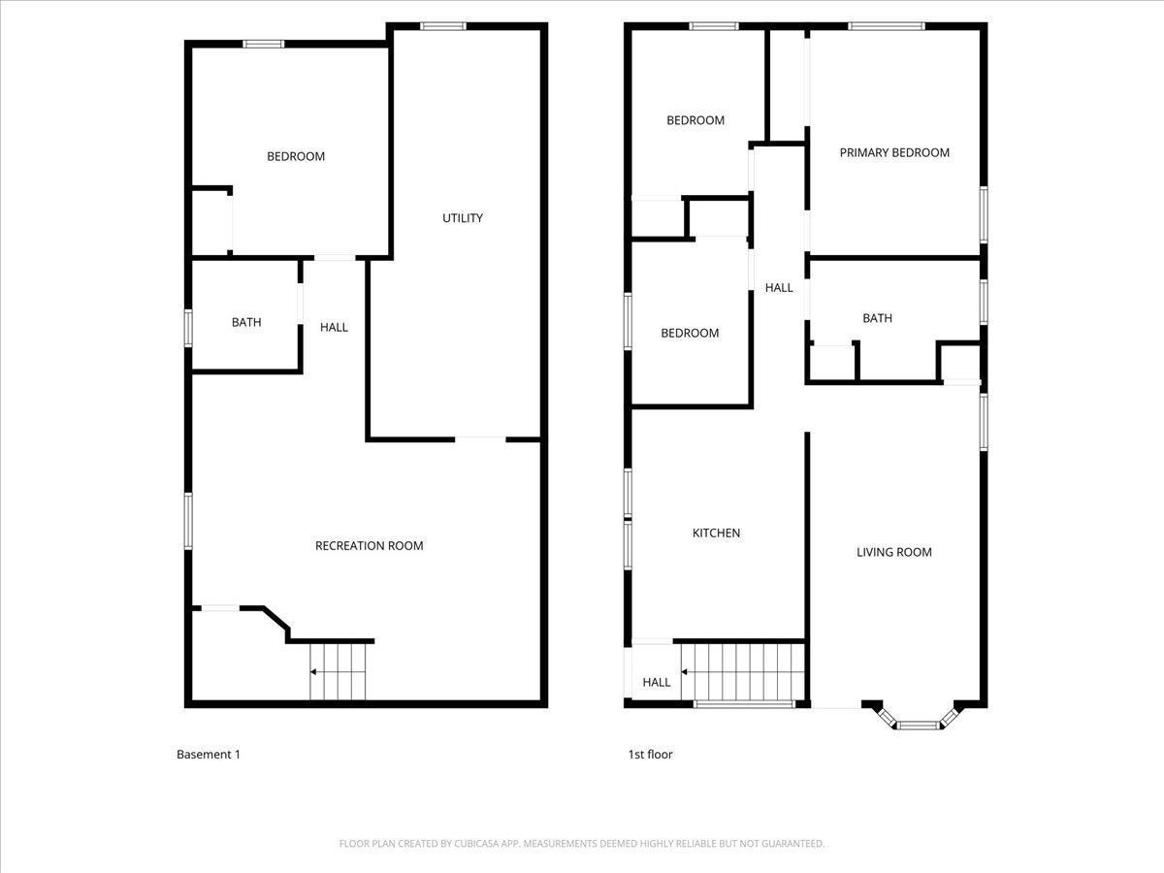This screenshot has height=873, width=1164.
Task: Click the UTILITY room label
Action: (x=463, y=218)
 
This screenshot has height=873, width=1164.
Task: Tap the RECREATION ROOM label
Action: (x=369, y=546)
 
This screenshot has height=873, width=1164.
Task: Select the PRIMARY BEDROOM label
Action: (x=894, y=152)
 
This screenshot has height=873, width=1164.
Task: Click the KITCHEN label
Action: (x=716, y=533)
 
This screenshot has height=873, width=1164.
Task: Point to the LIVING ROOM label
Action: (x=893, y=552)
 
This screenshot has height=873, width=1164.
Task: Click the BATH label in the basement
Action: (x=246, y=323)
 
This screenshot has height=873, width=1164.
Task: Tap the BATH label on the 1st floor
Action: (x=877, y=318)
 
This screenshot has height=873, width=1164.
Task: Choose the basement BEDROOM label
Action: (x=296, y=156)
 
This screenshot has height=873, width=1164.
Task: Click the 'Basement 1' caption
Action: (x=208, y=755)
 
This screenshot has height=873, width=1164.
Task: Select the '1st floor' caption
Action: (x=650, y=755)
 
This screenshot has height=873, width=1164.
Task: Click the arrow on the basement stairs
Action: (x=314, y=671)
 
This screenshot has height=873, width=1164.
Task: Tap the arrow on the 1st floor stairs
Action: (x=686, y=671)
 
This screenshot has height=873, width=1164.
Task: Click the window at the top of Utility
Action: (x=442, y=26)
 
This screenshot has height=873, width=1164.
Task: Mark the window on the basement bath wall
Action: (x=189, y=326)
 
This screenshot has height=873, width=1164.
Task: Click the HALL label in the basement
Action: (x=334, y=328)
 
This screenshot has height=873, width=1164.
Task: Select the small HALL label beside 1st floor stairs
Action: (x=657, y=683)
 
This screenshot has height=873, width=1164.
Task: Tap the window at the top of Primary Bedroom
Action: (x=886, y=26)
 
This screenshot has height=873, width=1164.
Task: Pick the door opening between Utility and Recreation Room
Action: (x=479, y=439)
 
